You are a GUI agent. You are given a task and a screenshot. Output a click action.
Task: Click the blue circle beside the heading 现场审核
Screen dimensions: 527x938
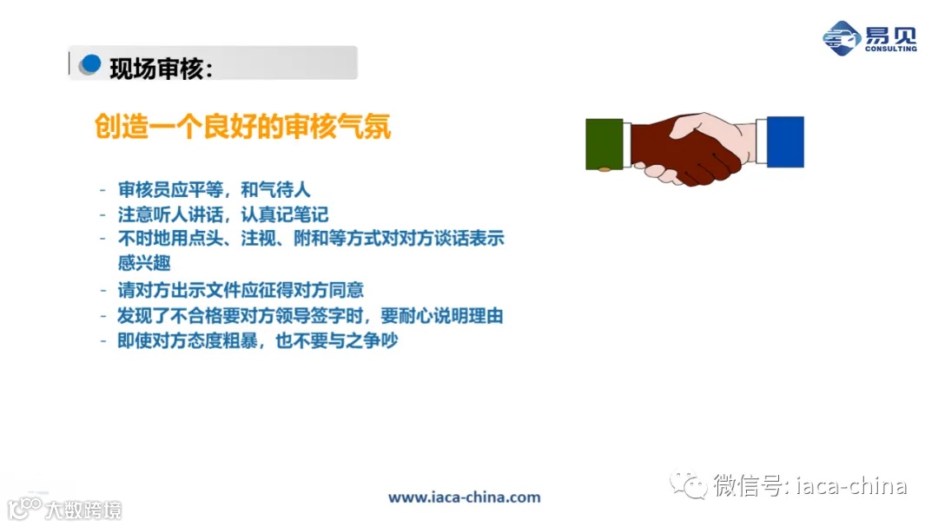click(90, 64)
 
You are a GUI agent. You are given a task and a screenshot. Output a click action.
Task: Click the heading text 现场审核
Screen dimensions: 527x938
click(161, 67)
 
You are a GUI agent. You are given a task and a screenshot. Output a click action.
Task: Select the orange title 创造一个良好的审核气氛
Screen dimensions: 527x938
click(242, 127)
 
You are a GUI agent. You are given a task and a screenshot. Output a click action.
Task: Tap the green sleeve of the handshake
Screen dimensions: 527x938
click(605, 143)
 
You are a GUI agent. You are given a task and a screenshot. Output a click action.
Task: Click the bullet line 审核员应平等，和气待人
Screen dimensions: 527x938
click(214, 189)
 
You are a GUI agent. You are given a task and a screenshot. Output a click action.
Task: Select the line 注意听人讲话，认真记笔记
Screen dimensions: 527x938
click(222, 214)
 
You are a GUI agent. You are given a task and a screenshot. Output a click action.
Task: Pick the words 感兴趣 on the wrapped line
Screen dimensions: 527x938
click(144, 262)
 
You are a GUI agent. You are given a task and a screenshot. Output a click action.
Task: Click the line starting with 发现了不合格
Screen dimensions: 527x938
click(310, 315)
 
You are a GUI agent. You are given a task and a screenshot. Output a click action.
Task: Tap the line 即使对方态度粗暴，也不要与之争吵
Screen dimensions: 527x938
click(257, 340)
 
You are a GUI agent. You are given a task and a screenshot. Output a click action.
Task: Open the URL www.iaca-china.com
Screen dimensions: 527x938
click(464, 497)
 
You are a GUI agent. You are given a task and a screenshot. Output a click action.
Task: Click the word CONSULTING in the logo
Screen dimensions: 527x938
click(890, 49)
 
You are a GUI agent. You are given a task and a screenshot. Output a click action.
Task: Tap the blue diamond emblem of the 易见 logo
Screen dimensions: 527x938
click(841, 37)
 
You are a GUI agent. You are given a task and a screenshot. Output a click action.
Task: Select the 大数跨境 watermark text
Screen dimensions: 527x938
click(84, 509)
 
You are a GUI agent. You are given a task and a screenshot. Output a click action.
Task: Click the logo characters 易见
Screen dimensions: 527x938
click(889, 34)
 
